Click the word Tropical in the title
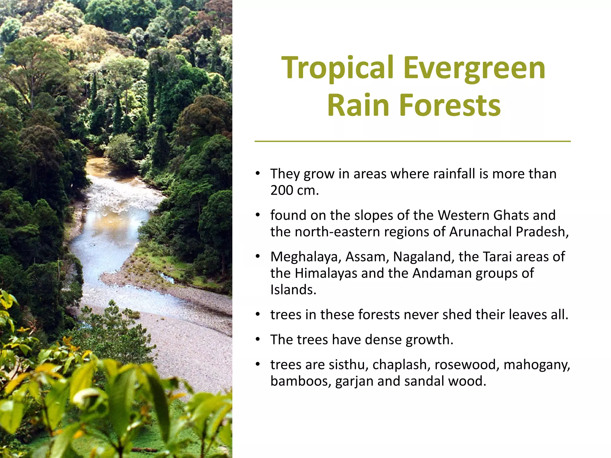(x=337, y=69)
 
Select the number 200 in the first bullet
(x=282, y=190)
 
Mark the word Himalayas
(x=326, y=273)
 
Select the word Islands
(x=293, y=290)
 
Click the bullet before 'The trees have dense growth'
(x=258, y=339)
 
